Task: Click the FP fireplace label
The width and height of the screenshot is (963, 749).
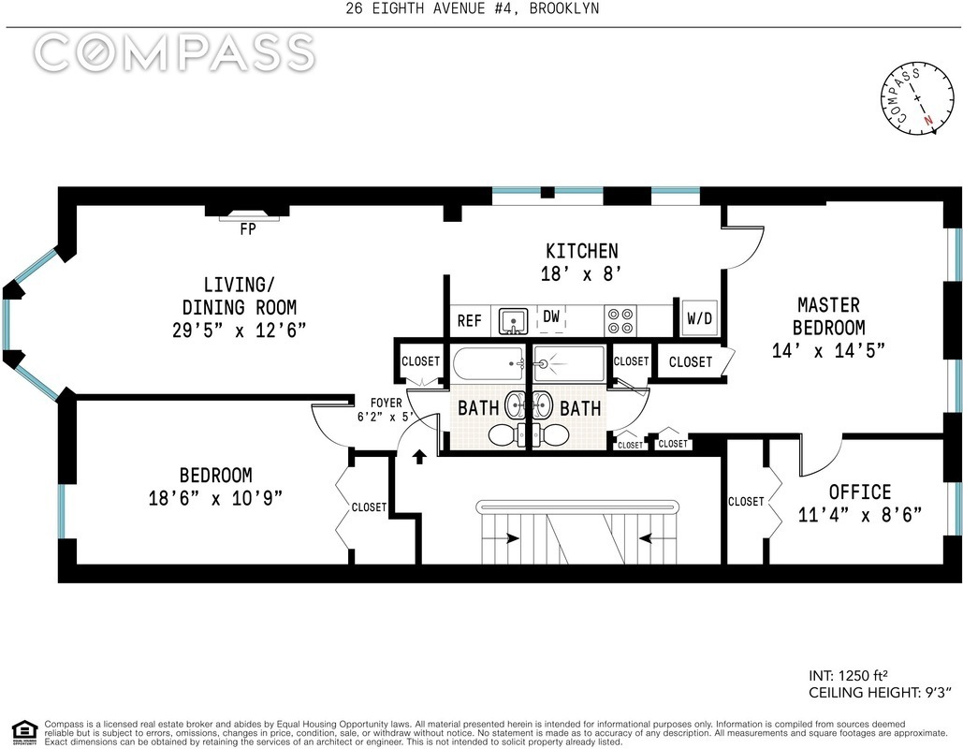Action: (x=248, y=229)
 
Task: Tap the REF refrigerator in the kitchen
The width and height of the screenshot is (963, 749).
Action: (x=470, y=321)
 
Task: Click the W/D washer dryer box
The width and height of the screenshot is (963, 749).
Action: (x=699, y=317)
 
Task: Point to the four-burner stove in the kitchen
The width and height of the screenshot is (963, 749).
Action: (x=620, y=320)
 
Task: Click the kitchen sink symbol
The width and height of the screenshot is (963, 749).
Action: (x=513, y=321)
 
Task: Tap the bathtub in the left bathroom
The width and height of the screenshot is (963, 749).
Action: (x=489, y=364)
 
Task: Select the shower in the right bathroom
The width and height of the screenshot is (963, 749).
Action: (x=569, y=364)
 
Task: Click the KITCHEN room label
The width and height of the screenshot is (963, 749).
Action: (x=581, y=251)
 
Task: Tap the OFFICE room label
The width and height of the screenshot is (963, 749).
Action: (x=860, y=492)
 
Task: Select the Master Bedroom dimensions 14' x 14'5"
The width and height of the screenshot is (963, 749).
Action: (x=828, y=350)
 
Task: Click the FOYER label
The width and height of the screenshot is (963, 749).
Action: (x=386, y=404)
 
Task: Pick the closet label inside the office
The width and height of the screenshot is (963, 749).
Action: (x=746, y=502)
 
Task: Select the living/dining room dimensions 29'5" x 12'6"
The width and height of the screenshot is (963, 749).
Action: (x=239, y=330)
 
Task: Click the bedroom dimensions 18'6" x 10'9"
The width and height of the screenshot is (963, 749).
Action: (x=215, y=498)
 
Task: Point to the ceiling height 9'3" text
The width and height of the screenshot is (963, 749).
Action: (x=880, y=693)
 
